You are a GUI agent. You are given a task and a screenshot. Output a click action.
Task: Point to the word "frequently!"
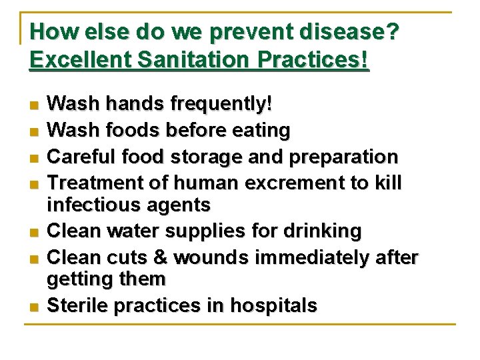pos(221,104)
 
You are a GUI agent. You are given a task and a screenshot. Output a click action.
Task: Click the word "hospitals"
pos(274,306)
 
